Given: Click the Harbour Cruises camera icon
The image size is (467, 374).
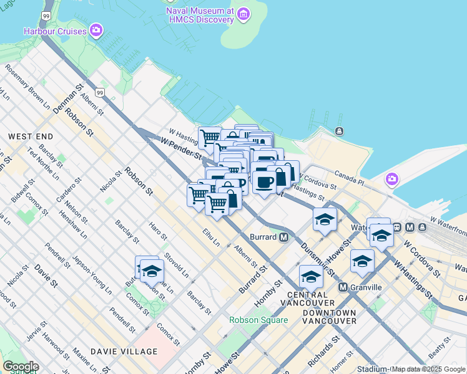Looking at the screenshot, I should point(96,30).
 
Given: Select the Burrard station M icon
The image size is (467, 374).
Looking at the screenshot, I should point(283,237).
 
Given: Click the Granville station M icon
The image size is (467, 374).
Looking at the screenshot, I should point(343,287).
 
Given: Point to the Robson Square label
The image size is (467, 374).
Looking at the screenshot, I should point(258,320).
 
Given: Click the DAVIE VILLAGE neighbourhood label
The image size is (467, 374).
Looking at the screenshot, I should point(124,352).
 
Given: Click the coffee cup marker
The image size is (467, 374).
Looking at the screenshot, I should point(264,181).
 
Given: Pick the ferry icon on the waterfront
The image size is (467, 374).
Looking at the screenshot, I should point(339,131).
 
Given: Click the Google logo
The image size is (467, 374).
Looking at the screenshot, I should point(20,367).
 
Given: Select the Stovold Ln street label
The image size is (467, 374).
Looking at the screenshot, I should point(176,264).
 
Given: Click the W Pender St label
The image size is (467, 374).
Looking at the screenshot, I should point(180,148).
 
